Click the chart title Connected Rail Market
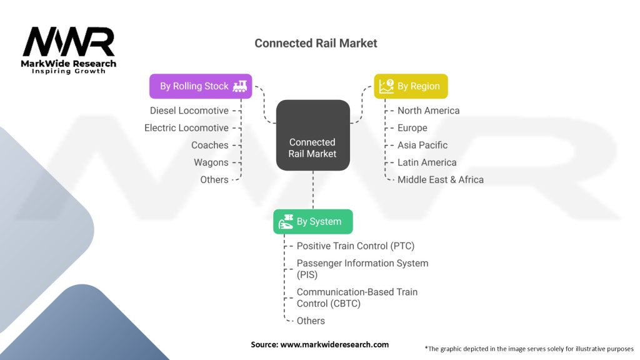tap(316, 44)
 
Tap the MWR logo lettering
tap(69, 42)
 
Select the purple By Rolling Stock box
tap(200, 86)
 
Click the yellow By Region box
tap(411, 86)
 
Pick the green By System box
tap(312, 221)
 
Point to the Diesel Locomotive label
tap(189, 111)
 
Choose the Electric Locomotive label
tap(186, 128)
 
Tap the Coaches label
tap(209, 145)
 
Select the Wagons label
tap(211, 162)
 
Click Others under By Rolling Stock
tap(214, 179)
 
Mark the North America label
tap(428, 111)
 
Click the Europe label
tap(412, 128)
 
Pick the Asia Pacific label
tap(422, 145)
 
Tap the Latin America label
tap(427, 162)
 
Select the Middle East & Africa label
tap(440, 179)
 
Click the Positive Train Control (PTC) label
tap(355, 246)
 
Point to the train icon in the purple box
tap(239, 86)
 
